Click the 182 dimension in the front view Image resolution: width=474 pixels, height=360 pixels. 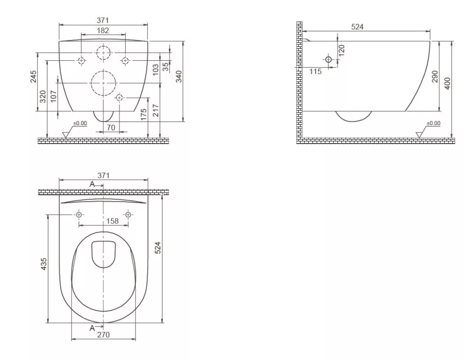[103, 30]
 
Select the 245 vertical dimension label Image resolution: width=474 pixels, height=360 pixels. [33, 76]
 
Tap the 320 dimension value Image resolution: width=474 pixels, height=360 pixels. [43, 96]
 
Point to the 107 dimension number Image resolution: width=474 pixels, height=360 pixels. [54, 96]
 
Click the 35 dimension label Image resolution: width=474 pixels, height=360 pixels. [165, 66]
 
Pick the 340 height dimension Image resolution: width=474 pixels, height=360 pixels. [179, 76]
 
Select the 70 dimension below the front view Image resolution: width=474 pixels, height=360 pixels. [111, 128]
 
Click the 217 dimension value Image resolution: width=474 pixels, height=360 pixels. [155, 111]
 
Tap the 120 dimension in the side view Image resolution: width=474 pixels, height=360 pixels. [341, 51]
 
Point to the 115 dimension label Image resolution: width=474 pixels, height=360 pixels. [315, 72]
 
